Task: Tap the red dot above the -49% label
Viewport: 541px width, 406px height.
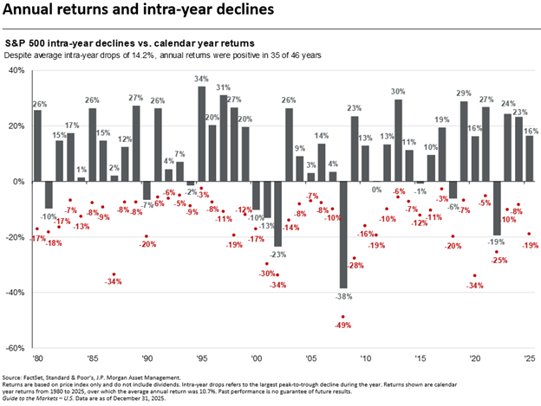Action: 342,317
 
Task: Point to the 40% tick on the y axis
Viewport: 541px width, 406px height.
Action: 17,71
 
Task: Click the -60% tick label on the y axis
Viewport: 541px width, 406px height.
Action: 16,348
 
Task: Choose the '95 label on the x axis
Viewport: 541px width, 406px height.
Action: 201,358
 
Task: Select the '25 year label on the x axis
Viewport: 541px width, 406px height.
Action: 528,358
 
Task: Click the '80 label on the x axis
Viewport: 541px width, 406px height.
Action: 37,358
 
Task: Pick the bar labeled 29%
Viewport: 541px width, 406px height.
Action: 464,93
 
